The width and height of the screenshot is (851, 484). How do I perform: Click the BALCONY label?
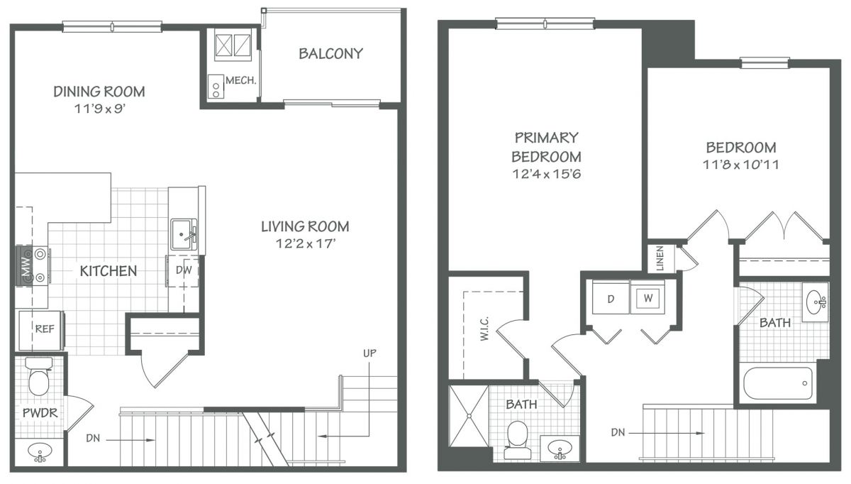330,54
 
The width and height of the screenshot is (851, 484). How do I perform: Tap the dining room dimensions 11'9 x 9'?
99,109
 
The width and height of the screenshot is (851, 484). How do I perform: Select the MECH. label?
241,80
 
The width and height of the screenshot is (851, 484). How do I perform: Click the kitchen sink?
184,233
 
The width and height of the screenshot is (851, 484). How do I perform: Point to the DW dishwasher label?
184,270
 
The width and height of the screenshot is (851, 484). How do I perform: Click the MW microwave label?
26,265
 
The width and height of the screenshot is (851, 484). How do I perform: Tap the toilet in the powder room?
39,376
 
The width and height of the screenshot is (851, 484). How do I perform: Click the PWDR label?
40,413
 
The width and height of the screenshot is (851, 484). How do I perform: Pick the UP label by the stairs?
369,353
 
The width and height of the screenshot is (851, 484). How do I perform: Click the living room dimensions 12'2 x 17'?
306,243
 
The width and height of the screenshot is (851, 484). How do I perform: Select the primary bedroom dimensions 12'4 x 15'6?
546,174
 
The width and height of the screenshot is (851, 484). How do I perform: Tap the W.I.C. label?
484,329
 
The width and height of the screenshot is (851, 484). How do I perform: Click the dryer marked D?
611,297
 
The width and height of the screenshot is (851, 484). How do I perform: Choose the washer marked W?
647,297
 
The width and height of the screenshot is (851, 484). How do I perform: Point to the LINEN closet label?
660,258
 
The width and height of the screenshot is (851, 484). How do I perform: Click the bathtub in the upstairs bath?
778,383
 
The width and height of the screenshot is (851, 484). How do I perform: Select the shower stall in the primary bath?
469,416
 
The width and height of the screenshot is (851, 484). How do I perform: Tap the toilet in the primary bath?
517,440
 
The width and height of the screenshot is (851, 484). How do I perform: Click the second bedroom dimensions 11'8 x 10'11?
741,165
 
